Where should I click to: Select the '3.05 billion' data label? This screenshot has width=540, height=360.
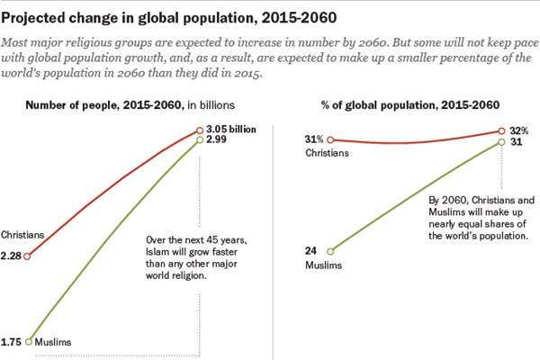coord(231,130)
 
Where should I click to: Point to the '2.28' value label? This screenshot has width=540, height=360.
coord(12,256)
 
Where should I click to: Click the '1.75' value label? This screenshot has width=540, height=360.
coord(13,342)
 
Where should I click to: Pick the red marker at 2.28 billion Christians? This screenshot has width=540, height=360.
coord(28,256)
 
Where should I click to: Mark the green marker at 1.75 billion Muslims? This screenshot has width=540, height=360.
coord(29,341)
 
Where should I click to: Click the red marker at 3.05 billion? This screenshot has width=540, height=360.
coord(199,130)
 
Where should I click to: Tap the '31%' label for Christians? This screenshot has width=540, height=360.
coord(314,138)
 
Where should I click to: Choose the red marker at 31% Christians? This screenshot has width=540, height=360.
coord(331,139)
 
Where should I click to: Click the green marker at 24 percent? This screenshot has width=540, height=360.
coord(331,251)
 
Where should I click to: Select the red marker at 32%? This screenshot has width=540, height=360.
coord(502,131)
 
